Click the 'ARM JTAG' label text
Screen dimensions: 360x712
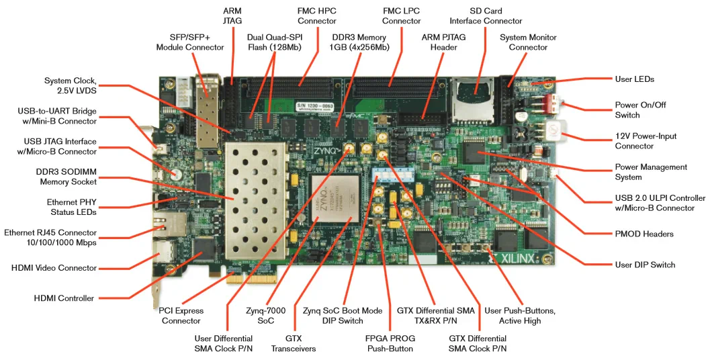(x=233, y=16)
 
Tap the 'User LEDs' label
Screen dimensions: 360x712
(x=634, y=79)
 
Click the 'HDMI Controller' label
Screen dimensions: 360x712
(x=64, y=298)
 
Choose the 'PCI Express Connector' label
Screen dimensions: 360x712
(x=181, y=316)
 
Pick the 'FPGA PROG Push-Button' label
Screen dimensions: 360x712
(x=390, y=343)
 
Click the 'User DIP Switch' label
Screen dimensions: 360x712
(x=645, y=265)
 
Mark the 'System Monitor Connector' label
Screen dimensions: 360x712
(x=528, y=42)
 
